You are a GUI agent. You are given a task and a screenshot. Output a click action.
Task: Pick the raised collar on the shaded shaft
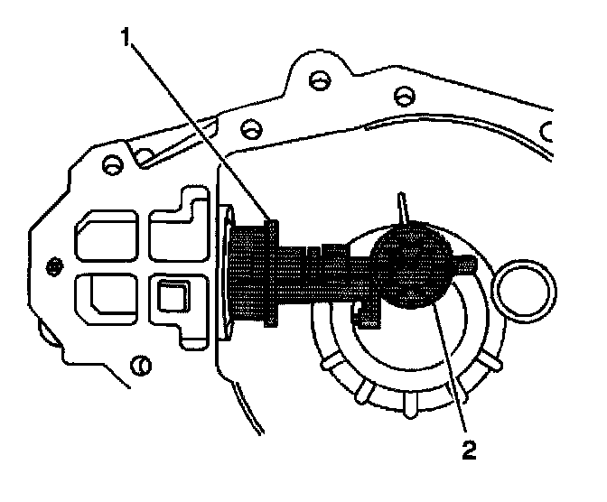(x=272, y=272)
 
